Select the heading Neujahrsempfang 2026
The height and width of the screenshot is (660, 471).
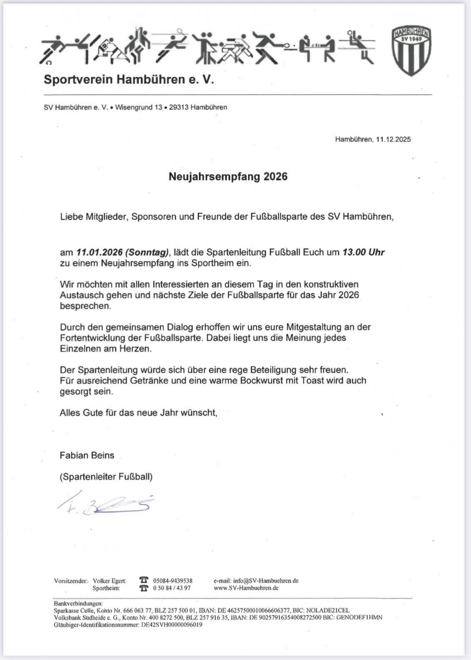228,177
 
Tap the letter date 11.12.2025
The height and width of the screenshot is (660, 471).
393,139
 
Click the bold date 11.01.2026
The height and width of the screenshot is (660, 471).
99,252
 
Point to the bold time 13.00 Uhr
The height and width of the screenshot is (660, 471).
363,252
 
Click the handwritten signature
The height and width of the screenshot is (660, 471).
106,504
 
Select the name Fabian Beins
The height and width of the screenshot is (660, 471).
87,456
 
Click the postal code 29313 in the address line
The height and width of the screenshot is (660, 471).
178,107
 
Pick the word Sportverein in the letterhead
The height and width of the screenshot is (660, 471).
78,80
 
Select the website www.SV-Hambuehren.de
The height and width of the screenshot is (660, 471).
246,588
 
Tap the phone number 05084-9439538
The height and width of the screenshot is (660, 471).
173,581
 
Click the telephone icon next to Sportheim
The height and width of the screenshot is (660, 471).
144,588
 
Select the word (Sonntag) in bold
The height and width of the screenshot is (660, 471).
147,252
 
